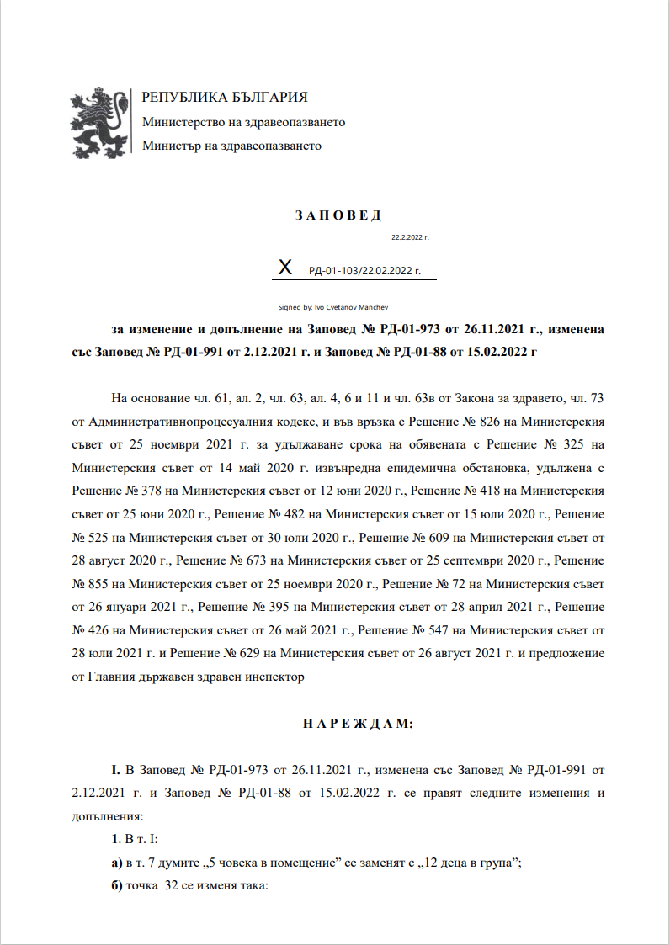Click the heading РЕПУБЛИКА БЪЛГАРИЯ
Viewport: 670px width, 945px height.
click(225, 98)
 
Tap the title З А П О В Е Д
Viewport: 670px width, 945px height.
click(338, 215)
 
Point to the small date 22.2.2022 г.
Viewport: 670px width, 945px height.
click(411, 238)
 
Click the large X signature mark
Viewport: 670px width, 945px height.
click(285, 268)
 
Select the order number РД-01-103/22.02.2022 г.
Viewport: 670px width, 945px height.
click(364, 272)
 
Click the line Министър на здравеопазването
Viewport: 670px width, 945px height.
click(231, 146)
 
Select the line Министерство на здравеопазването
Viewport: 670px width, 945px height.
click(243, 122)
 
